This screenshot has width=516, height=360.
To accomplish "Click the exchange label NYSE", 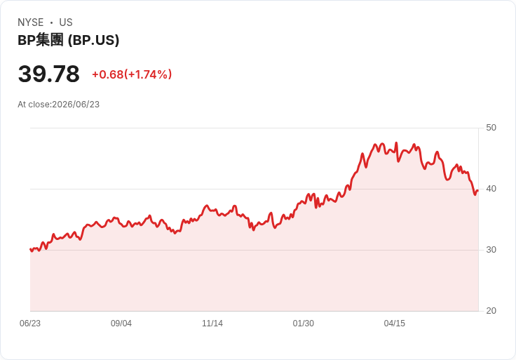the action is [31, 22].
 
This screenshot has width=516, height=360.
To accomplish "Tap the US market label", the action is [66, 22].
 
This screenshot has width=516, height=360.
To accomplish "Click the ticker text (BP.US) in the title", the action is [93, 40].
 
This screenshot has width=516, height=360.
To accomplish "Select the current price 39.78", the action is [48, 74].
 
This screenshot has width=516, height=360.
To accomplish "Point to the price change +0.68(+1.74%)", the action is [132, 74].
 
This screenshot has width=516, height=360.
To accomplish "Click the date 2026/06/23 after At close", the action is [76, 105].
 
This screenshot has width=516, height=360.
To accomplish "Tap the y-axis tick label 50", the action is [491, 128].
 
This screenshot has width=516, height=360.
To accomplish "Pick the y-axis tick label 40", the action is [491, 189].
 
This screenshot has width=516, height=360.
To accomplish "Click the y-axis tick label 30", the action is [491, 250].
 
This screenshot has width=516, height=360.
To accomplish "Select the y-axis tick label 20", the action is [491, 311].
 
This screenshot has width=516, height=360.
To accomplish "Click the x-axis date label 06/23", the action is [30, 324].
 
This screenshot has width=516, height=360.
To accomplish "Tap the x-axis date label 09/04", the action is [121, 324].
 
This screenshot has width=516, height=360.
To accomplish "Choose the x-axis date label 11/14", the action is [212, 324].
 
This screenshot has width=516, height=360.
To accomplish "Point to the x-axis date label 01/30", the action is [304, 324].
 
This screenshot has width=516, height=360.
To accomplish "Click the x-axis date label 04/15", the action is [395, 324].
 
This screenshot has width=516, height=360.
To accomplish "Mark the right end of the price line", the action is [478, 190].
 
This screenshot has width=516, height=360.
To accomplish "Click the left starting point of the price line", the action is [30, 249].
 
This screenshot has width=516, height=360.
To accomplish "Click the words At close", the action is [34, 105].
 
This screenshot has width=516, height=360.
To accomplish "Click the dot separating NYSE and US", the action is [51, 22].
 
